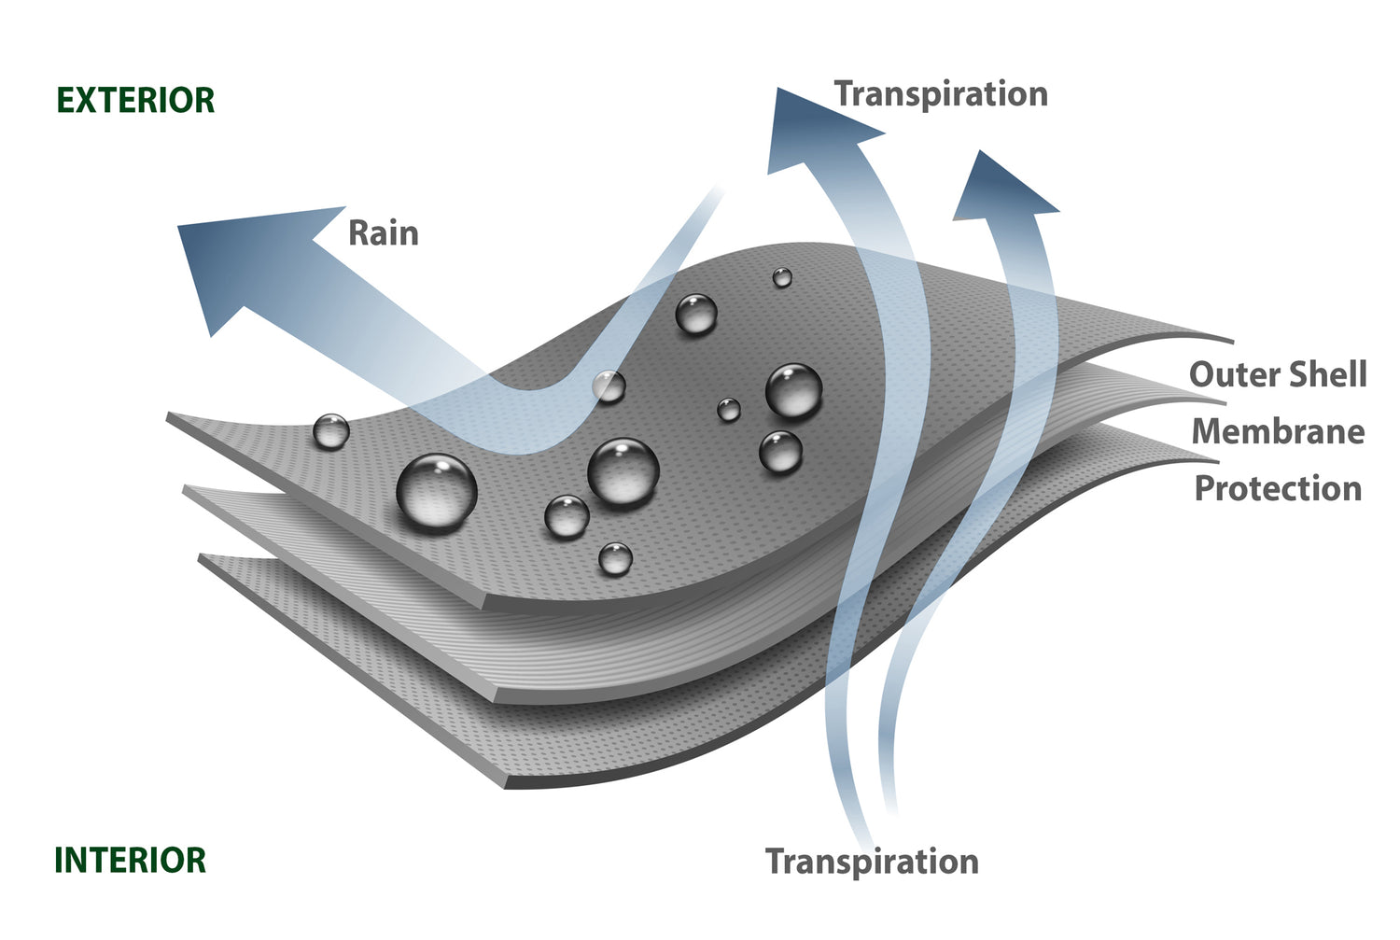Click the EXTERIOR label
[x=136, y=101]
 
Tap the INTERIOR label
[x=131, y=861]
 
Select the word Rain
[x=383, y=233]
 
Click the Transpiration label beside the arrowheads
[x=941, y=94]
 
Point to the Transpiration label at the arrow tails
[x=872, y=862]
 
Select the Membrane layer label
[x=1278, y=432]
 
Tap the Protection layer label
[x=1278, y=489]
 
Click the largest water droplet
[x=437, y=493]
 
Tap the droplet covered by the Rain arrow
[x=609, y=386]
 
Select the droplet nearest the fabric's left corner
[x=330, y=432]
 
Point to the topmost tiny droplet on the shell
[x=782, y=277]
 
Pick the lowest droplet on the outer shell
[x=615, y=559]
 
